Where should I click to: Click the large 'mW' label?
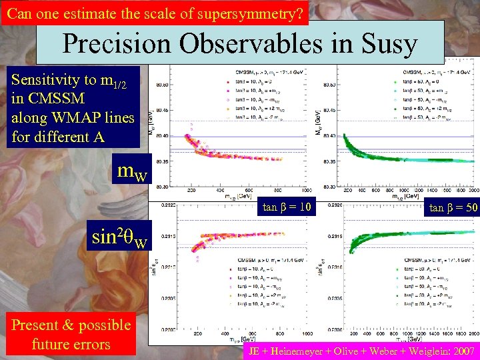click(x=133, y=171)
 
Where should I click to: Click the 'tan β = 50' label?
click(x=453, y=207)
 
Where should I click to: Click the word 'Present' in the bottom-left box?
click(x=37, y=325)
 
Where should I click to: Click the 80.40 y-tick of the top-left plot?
click(x=161, y=135)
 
